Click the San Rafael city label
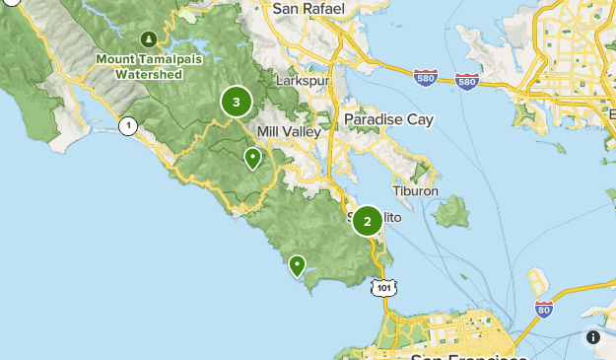[308, 9]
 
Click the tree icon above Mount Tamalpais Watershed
[149, 39]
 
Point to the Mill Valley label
[287, 132]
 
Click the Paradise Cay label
[388, 120]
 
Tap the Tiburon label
[415, 190]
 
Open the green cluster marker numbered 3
[237, 102]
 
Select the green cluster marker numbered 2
[368, 221]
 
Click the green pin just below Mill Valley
[253, 158]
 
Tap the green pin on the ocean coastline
[297, 264]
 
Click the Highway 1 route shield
[127, 125]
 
